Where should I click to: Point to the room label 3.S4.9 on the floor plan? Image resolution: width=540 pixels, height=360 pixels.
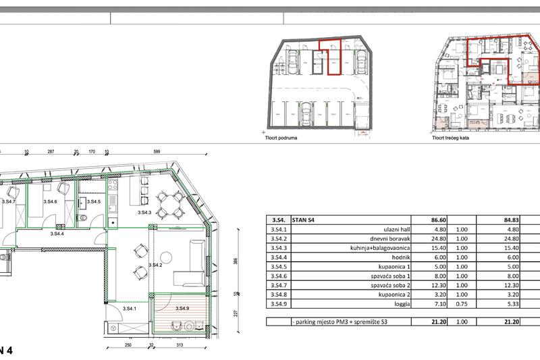[x=183, y=309]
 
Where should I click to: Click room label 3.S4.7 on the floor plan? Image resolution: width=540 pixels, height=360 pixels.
[x=9, y=201]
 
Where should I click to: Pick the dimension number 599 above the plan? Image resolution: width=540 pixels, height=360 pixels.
[x=156, y=153]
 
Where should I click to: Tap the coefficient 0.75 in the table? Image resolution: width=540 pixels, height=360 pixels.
[x=462, y=305]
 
